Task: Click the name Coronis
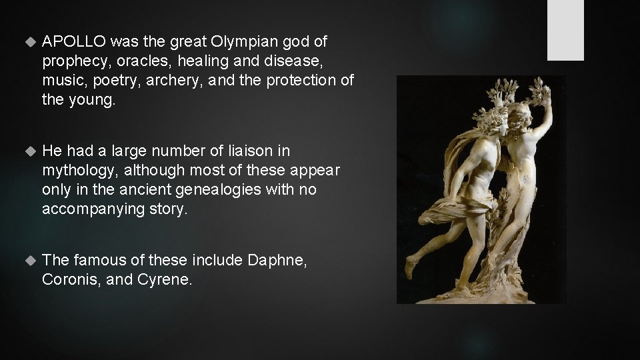[71, 280]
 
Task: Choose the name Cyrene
[163, 280]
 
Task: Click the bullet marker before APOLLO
[27, 42]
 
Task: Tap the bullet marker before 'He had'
[27, 151]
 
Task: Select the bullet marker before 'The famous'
[27, 261]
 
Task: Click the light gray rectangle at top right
[565, 30]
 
